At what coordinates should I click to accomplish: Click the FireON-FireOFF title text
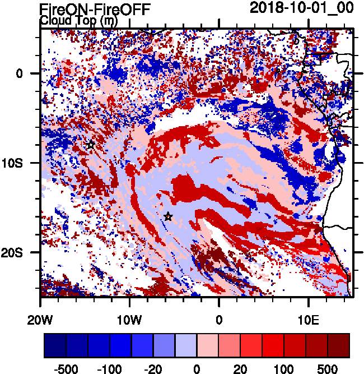pyautogui.click(x=95, y=9)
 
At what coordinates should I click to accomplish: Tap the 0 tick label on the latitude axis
pyautogui.click(x=19, y=73)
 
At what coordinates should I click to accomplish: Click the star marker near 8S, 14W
pyautogui.click(x=91, y=145)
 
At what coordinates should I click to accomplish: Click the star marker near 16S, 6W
pyautogui.click(x=168, y=216)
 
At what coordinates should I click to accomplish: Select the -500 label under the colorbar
pyautogui.click(x=67, y=370)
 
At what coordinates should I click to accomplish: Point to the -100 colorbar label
pyautogui.click(x=110, y=370)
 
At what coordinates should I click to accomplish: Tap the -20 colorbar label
pyautogui.click(x=154, y=370)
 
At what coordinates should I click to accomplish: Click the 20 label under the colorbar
pyautogui.click(x=241, y=370)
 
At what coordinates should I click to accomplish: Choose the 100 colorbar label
pyautogui.click(x=284, y=370)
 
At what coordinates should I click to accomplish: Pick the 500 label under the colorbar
pyautogui.click(x=328, y=370)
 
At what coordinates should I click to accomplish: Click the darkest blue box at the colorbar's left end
pyautogui.click(x=55, y=346)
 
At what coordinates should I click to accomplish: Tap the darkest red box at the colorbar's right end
pyautogui.click(x=339, y=346)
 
